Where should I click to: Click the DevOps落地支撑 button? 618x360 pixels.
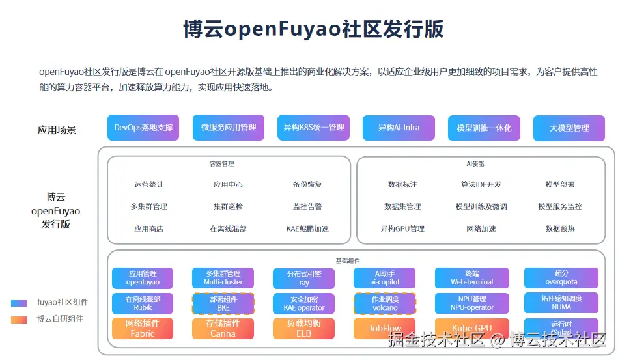click(x=143, y=128)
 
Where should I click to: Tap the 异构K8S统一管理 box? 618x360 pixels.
click(x=313, y=128)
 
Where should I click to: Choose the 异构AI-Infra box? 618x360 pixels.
click(x=399, y=128)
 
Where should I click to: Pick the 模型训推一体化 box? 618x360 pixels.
click(x=484, y=128)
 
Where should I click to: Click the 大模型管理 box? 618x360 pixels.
click(x=569, y=128)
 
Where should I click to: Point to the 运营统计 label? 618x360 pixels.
click(x=148, y=185)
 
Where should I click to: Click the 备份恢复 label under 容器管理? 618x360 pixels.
click(x=307, y=185)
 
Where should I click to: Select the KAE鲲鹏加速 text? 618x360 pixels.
click(x=307, y=228)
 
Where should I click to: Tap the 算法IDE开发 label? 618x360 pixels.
click(x=481, y=185)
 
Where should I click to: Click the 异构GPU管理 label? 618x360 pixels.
click(x=402, y=228)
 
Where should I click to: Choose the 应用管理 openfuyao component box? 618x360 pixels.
click(x=143, y=278)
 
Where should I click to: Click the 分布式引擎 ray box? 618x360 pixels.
click(x=303, y=279)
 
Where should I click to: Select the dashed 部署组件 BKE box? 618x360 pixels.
click(x=223, y=303)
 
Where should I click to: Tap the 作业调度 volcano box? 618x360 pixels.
click(x=385, y=303)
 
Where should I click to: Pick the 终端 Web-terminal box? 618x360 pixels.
click(x=472, y=278)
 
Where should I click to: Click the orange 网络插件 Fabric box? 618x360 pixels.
click(x=143, y=328)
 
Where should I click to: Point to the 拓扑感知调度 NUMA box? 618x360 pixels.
click(x=561, y=303)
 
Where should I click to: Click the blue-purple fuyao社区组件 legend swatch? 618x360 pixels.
click(x=19, y=303)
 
